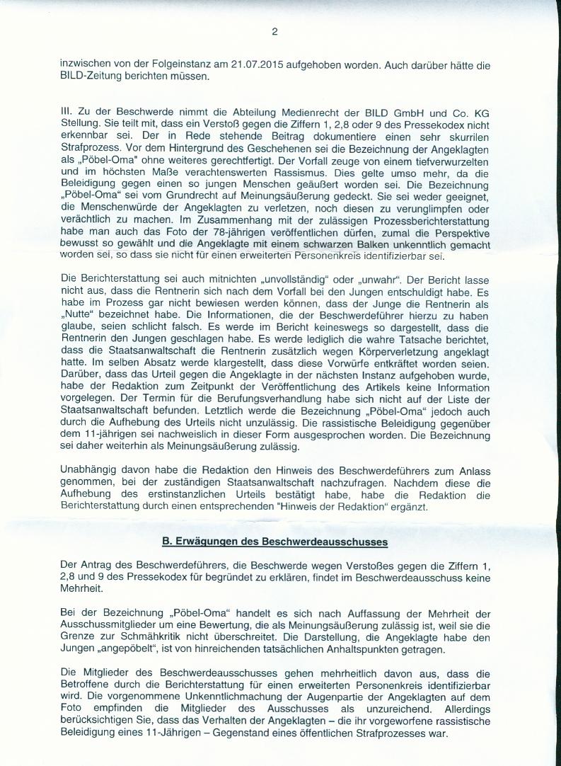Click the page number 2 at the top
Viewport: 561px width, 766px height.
[274, 31]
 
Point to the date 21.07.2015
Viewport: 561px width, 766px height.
[255, 65]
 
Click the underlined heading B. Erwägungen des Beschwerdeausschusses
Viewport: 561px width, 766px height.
[274, 542]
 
